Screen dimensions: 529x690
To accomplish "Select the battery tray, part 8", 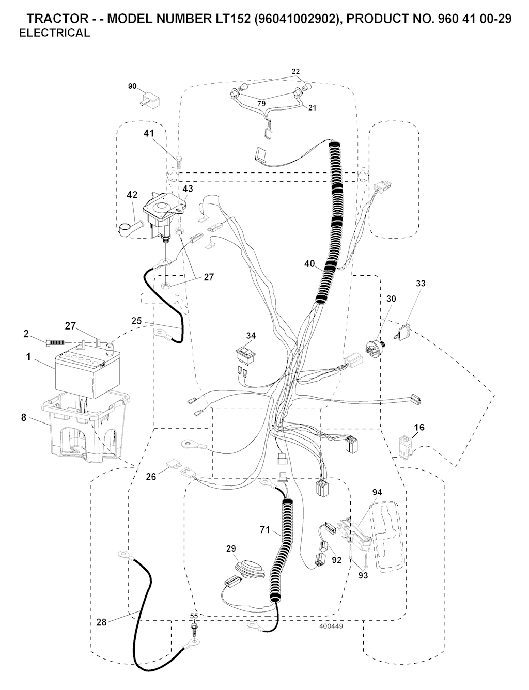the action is coord(85,426).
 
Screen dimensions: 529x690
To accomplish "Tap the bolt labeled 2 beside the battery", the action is coord(55,342).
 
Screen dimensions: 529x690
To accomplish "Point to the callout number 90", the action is coord(132,86).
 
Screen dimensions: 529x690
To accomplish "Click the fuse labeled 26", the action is coord(173,466).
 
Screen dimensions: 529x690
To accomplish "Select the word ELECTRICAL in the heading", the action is coord(55,33).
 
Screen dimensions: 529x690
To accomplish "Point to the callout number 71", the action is coord(265,530).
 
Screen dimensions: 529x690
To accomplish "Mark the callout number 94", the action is coord(377,492).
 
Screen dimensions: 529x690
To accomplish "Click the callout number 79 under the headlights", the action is coord(261,103).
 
